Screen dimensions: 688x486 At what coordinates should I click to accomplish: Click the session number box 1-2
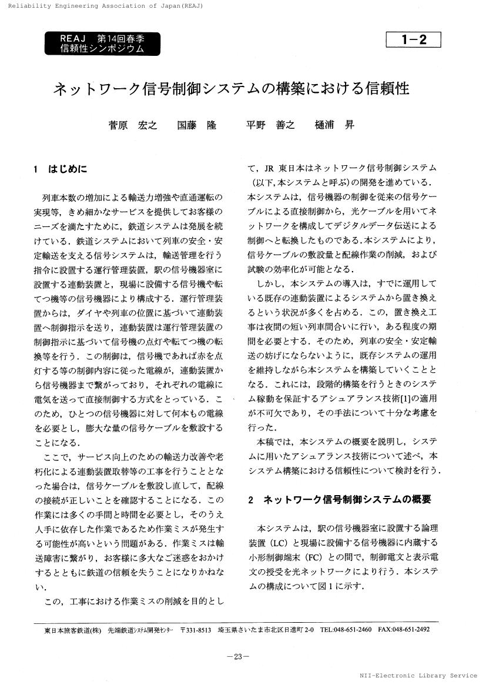coord(413,40)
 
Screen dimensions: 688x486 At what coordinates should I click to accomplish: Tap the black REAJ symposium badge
coord(102,44)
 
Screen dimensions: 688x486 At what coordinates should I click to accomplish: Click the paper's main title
coord(231,89)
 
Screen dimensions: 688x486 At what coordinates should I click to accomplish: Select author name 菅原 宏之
coord(133,125)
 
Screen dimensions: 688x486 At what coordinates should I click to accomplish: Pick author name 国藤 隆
coord(197,125)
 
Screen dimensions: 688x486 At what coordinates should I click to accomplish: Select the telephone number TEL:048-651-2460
coord(346,630)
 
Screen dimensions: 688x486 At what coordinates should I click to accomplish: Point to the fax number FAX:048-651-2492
coord(404,630)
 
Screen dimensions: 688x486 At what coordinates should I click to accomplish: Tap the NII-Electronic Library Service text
coord(420,676)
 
